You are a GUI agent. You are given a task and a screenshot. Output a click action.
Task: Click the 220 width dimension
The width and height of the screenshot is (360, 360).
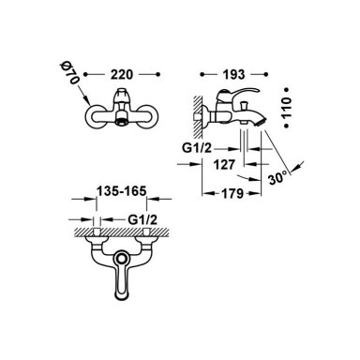pyautogui.click(x=122, y=75)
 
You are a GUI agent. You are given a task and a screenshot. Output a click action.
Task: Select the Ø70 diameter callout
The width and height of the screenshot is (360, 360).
pyautogui.click(x=69, y=73)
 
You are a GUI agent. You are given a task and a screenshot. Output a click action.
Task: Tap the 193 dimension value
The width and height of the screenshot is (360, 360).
pyautogui.click(x=233, y=74)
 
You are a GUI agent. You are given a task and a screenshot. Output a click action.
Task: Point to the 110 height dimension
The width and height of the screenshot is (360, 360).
pyautogui.click(x=287, y=107)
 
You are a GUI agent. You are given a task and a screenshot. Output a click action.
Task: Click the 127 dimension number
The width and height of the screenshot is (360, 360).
pyautogui.click(x=224, y=164)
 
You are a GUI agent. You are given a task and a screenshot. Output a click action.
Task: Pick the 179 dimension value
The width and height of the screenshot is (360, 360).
pyautogui.click(x=232, y=194)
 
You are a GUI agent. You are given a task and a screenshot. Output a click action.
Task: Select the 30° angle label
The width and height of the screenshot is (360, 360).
pyautogui.click(x=277, y=178)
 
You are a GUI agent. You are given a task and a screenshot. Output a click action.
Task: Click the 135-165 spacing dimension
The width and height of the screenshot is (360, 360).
pyautogui.click(x=122, y=191)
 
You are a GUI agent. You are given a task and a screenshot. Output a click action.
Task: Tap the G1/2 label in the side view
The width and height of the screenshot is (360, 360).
pyautogui.click(x=197, y=148)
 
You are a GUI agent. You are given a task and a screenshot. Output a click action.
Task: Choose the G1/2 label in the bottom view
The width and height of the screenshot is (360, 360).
pyautogui.click(x=142, y=220)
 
